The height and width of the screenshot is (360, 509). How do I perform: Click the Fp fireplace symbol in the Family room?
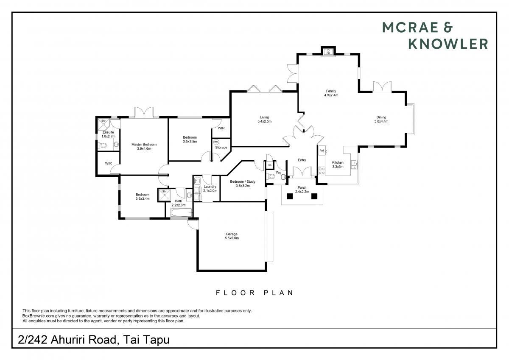point(328,52)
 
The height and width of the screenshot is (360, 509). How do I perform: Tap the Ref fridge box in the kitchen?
point(322,151)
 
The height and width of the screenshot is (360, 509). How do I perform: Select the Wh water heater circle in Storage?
point(216,142)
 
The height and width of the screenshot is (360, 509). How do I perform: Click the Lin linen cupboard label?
point(270,165)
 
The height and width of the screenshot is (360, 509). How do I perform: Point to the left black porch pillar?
point(289,196)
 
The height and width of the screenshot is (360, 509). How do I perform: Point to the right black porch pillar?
point(314,196)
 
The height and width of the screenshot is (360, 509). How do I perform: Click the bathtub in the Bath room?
point(182,213)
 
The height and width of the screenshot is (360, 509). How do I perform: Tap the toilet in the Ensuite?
point(102,145)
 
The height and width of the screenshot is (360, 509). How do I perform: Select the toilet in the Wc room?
point(271,176)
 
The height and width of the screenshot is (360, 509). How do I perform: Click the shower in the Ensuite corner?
point(103,124)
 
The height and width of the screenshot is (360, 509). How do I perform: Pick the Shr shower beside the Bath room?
point(164,195)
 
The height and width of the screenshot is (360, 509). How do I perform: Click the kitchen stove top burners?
point(322,171)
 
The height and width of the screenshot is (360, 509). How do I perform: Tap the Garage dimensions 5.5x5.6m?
point(232,238)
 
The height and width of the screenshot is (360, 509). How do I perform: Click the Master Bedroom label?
point(144,144)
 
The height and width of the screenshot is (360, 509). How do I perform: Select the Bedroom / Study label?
point(243,181)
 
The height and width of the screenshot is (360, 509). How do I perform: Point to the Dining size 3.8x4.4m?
point(381,121)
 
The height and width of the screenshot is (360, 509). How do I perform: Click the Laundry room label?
point(210,187)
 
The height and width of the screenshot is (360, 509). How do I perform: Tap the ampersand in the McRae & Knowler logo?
point(447,28)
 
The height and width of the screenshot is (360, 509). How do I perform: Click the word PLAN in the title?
point(279,293)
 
